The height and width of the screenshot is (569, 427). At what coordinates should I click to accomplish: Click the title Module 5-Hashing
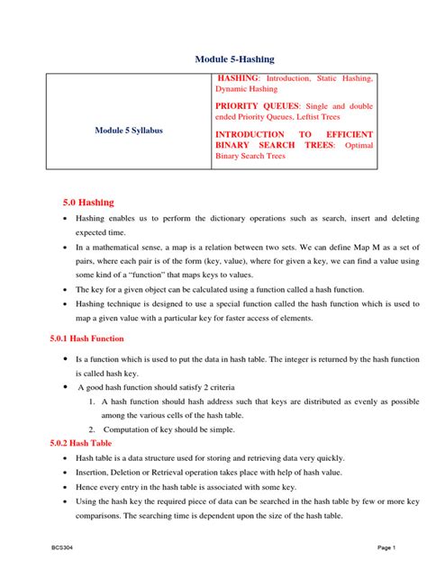(x=234, y=59)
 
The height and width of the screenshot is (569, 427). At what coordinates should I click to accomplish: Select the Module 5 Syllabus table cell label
(x=129, y=131)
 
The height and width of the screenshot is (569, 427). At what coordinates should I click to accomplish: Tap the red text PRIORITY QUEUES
(x=250, y=105)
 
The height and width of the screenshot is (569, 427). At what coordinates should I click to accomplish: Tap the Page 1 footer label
(x=387, y=547)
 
